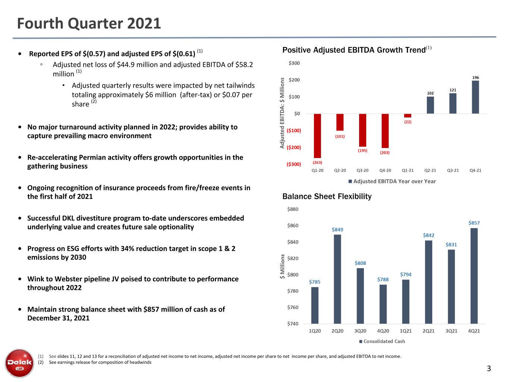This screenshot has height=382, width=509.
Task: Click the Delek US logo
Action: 19,363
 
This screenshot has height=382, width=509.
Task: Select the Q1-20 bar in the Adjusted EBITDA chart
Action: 317,136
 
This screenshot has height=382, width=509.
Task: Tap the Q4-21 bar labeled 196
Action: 475,97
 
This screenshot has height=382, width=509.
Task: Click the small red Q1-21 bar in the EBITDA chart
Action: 408,116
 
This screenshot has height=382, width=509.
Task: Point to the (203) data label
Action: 384,153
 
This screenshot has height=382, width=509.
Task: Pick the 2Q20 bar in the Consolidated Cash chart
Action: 337,279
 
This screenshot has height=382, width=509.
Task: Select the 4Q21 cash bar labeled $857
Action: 474,276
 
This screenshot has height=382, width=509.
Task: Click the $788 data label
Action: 383,279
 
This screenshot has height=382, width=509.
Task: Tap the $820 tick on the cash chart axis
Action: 293,259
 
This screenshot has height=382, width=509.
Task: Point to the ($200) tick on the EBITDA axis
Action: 293,147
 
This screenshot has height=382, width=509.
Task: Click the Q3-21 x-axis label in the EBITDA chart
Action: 453,170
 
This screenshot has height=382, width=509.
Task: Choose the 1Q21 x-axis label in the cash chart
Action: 406,331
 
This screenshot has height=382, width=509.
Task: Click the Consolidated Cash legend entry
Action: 382,341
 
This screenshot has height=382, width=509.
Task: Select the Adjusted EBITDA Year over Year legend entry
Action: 392,181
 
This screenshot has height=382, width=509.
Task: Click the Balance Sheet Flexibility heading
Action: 327,197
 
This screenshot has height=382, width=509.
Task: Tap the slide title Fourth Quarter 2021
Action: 89,24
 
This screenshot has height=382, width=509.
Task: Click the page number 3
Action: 489,368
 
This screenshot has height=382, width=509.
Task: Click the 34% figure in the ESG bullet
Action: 127,249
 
